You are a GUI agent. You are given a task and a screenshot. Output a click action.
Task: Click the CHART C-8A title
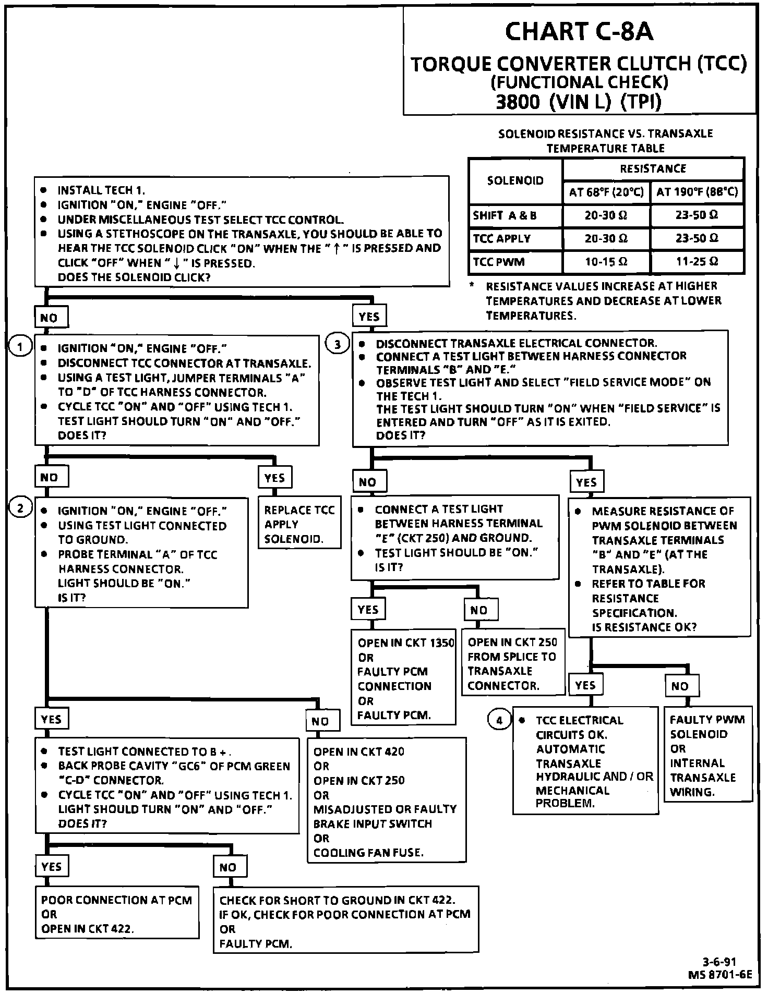[579, 31]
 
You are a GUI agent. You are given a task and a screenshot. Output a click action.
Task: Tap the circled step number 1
[20, 346]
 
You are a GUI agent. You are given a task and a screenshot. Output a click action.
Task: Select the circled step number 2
[20, 508]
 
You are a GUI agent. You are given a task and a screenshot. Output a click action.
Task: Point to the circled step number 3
[338, 344]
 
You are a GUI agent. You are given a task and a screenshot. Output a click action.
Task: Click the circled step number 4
[499, 720]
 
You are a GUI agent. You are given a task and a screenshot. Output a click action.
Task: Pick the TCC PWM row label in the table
[498, 262]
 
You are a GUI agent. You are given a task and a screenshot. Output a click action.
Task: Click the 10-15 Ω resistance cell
[606, 262]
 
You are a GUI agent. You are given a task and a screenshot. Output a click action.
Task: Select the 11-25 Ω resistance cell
[697, 262]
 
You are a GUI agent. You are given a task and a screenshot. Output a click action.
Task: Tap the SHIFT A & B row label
[505, 215]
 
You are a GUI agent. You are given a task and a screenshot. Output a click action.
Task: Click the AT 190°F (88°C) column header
[697, 192]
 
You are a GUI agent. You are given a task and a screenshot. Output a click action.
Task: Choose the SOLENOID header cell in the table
[515, 181]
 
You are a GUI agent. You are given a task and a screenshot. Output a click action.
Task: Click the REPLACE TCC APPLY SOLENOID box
[299, 524]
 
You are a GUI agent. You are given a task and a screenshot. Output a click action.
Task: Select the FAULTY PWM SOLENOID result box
[707, 755]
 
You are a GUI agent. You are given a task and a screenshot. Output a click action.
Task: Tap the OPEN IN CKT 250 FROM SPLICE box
[512, 663]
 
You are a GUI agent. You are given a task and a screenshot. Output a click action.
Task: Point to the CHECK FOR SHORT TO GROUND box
[345, 922]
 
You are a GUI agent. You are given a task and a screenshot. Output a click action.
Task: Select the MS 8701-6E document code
[720, 974]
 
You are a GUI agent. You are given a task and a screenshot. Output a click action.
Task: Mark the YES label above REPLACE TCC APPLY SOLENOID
[274, 478]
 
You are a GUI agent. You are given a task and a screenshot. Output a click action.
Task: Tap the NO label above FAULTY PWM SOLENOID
[680, 686]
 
